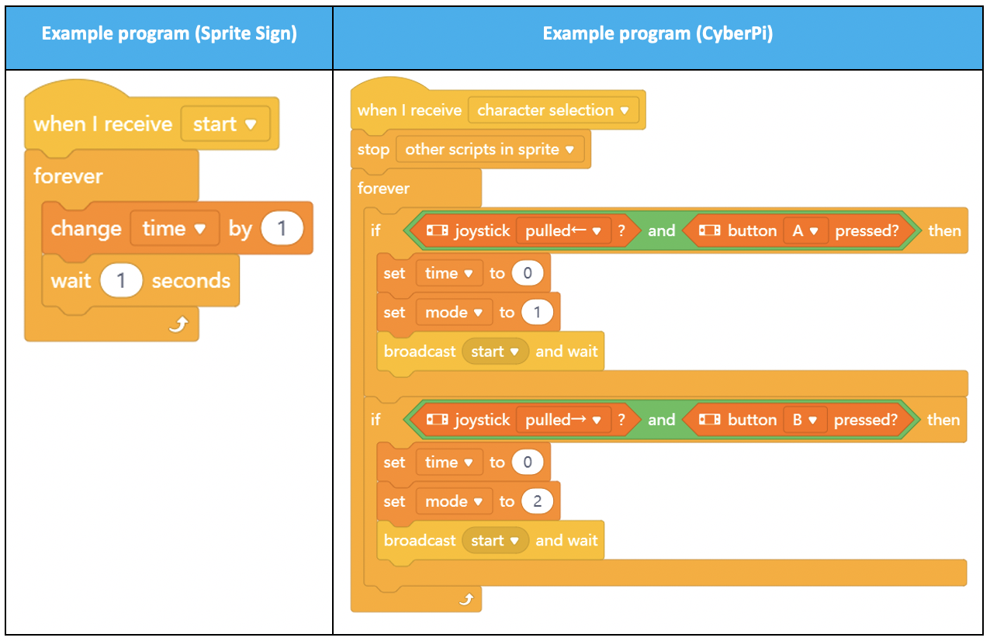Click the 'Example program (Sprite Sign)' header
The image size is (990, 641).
pos(169,33)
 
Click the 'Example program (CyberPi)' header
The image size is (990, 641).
pos(658,33)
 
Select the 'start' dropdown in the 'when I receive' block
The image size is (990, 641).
pos(226,124)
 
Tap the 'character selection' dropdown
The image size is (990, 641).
pos(553,110)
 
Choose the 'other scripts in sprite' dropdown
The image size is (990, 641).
pos(490,150)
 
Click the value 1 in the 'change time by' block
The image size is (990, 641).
pos(282,229)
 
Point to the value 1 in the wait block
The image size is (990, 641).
pos(121,281)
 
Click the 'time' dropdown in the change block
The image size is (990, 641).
pos(175,229)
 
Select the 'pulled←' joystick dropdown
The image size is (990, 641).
pos(563,230)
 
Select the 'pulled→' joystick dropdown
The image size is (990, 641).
pos(563,420)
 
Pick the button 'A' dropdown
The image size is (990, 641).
pos(805,230)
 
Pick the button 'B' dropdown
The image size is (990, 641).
pos(805,420)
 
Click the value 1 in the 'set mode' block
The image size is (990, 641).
pos(537,313)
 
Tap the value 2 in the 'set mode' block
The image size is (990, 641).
pos(537,501)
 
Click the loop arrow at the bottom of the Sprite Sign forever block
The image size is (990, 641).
pos(179,324)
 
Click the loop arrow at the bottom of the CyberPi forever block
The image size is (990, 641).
pos(467,599)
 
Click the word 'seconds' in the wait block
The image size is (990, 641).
pos(191,281)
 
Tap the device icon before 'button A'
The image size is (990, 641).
pos(709,230)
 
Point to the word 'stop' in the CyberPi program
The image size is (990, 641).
pos(373,150)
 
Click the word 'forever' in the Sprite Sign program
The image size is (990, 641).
pos(68,176)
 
